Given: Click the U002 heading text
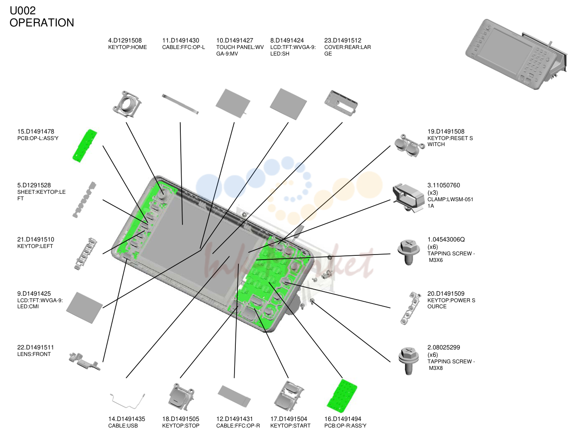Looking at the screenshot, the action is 23,10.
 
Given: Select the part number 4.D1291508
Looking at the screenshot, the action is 125,40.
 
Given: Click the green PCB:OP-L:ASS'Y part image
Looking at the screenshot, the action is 85,146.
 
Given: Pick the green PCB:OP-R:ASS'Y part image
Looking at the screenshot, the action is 342,396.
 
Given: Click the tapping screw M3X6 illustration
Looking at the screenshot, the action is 408,252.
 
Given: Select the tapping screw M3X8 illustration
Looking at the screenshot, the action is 408,361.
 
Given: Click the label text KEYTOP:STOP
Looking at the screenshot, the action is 181,425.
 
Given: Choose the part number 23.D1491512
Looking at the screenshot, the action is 342,40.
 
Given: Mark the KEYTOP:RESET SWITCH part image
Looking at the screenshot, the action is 407,145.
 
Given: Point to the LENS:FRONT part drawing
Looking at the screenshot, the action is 85,361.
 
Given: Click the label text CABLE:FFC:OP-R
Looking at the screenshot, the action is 238,425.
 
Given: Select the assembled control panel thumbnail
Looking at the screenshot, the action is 516,54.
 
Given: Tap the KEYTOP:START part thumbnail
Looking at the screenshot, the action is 289,396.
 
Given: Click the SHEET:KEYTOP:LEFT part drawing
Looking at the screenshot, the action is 85,199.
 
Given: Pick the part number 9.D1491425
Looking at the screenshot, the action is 34,294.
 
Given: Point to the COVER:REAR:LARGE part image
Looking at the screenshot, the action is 341,103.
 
